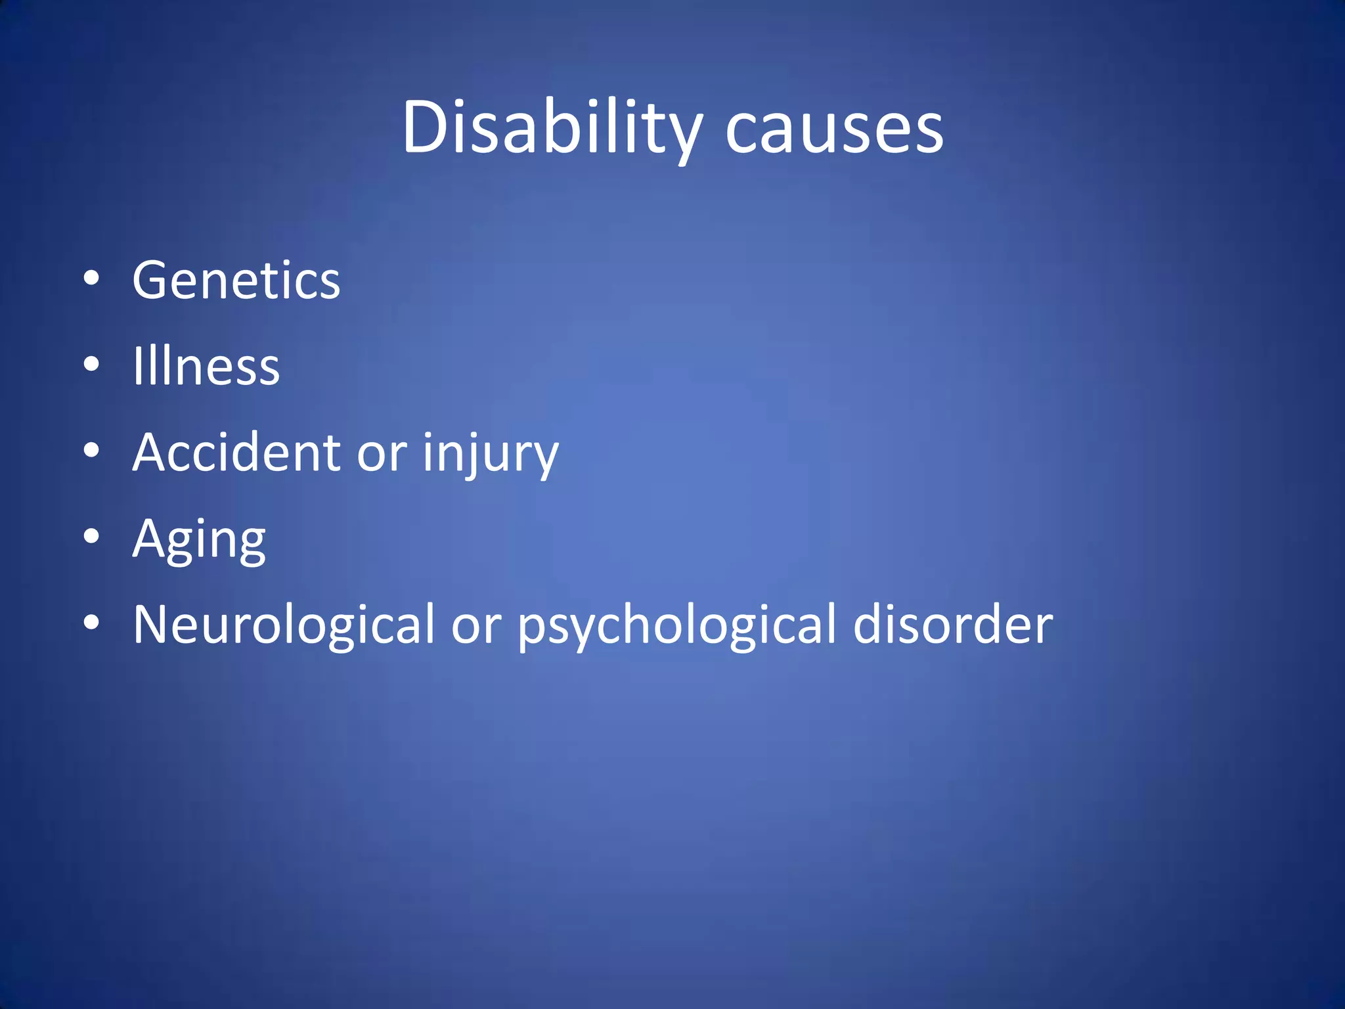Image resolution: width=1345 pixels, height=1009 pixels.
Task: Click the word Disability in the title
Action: pos(552,128)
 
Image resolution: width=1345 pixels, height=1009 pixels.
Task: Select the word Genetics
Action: pos(236,280)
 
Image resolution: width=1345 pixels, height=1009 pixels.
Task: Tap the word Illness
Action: pos(206,366)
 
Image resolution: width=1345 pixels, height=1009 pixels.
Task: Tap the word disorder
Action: pos(953,624)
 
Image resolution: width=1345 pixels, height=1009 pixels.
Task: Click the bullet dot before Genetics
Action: pos(92,279)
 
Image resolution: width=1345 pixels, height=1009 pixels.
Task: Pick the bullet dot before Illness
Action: pos(92,365)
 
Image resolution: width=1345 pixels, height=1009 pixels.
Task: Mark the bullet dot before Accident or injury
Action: pos(92,451)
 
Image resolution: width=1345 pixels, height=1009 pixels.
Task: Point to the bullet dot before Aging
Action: pos(92,537)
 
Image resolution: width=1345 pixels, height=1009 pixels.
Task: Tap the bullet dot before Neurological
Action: pos(92,622)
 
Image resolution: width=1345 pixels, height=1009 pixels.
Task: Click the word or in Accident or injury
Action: pos(382,454)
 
